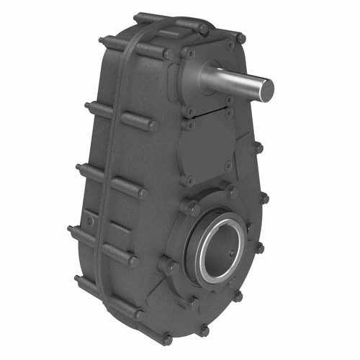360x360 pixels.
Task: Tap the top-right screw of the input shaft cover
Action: pos(230,45)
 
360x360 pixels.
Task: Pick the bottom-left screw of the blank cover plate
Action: pos(190,180)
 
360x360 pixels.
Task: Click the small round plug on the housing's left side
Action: pos(89,220)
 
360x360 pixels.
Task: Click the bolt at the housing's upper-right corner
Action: pos(241,38)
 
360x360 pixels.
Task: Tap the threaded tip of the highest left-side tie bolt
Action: pos(102,42)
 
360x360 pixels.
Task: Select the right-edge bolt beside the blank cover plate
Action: pos(258,148)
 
